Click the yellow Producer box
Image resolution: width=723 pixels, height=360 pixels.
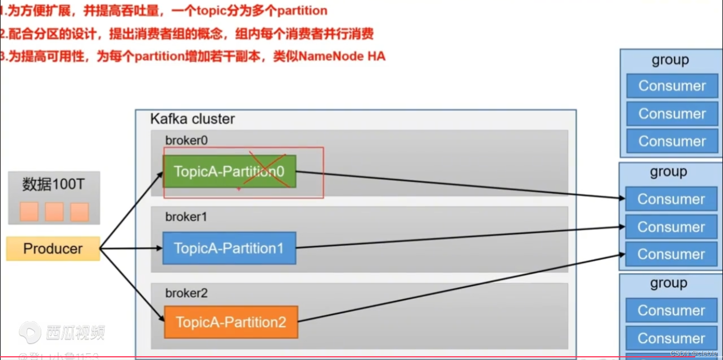53,249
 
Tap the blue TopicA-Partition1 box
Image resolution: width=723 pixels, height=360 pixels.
229,248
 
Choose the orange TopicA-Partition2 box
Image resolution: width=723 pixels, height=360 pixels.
231,322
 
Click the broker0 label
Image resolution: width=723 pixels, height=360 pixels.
186,140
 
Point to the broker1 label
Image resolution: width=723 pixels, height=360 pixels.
186,217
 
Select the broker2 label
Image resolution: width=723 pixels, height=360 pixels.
186,293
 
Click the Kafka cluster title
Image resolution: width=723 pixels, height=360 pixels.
192,119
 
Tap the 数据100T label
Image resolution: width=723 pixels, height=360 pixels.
53,184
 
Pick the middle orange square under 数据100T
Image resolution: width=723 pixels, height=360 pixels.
54,212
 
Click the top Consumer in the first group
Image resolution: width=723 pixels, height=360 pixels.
672,86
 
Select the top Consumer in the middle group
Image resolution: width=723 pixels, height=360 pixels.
671,199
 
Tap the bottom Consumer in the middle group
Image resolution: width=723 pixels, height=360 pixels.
671,255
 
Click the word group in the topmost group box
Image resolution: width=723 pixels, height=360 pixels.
670,60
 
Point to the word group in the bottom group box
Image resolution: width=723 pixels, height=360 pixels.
669,283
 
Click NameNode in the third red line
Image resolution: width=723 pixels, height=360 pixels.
331,56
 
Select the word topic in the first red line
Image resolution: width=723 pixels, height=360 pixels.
210,11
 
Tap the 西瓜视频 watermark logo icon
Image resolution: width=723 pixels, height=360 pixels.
30,333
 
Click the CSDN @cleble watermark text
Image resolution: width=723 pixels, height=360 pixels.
694,354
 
